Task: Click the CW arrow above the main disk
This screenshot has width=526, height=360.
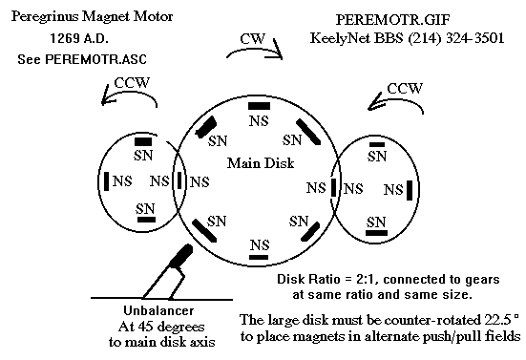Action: [x=255, y=50]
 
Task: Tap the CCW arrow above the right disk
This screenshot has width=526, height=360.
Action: [x=396, y=98]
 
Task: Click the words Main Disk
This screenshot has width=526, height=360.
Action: [x=261, y=163]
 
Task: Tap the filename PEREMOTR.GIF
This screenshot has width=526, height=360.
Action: [x=392, y=20]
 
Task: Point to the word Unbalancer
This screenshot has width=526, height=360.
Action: [x=158, y=310]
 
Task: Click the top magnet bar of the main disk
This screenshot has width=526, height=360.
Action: [x=259, y=106]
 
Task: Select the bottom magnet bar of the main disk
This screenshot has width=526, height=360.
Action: [x=259, y=257]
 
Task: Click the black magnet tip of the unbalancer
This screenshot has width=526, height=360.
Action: [x=181, y=256]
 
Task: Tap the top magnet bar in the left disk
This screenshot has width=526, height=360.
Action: [x=143, y=142]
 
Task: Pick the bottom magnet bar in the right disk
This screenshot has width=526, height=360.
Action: [x=376, y=233]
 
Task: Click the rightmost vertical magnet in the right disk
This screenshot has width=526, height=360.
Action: [x=410, y=190]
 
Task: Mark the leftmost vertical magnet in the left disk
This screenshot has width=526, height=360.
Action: [x=106, y=181]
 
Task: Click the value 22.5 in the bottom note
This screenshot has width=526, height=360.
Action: [x=497, y=320]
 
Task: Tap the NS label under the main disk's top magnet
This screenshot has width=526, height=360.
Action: [x=259, y=120]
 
